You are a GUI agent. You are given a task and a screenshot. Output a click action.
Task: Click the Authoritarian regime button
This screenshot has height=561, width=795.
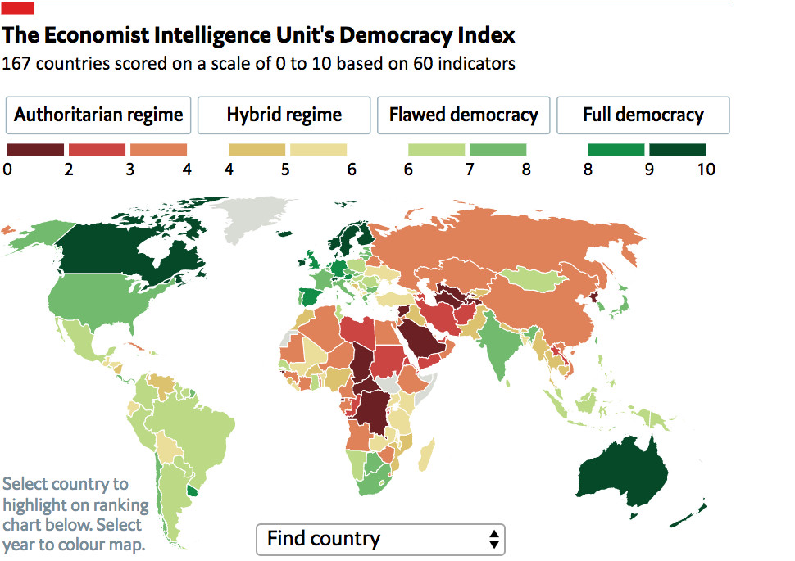98,115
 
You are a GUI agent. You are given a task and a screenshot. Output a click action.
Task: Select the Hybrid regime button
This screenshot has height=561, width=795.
284,115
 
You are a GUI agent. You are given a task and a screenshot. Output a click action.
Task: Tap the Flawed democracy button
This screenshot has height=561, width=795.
463,115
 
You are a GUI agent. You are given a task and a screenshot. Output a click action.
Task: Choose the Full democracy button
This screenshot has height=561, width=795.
643,115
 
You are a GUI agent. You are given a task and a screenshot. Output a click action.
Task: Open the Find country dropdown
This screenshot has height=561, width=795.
381,539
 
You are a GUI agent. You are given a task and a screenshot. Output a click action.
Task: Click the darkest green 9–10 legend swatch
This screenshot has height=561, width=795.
677,150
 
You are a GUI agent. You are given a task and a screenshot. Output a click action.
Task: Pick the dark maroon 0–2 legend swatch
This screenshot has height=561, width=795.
35,150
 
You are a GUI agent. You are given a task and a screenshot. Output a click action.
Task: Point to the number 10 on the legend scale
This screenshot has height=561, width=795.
706,170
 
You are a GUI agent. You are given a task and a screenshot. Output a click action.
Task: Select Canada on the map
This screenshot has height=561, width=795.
131,246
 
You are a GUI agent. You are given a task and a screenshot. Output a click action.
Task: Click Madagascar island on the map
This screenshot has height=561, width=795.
426,452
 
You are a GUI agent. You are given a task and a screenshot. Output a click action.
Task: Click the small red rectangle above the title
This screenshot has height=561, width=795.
18,7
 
